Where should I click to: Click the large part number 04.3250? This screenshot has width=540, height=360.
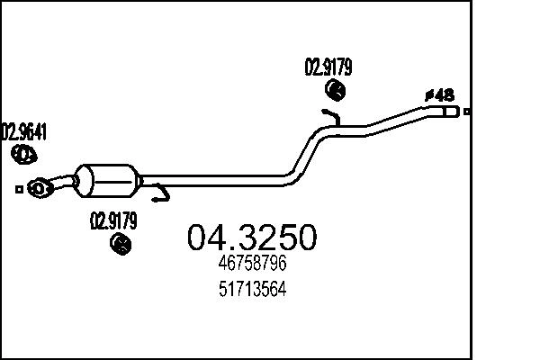tap(251, 238)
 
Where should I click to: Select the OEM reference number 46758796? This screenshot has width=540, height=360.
tap(252, 266)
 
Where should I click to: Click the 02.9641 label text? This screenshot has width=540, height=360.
tap(24, 133)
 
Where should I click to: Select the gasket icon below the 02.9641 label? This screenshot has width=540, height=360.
tap(24, 156)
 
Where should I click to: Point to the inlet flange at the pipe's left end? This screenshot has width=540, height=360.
tap(39, 188)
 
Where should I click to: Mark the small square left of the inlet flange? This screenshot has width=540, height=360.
tap(19, 189)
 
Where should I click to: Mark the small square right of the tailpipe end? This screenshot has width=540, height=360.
tap(467, 112)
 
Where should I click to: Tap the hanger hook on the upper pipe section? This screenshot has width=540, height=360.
tap(331, 115)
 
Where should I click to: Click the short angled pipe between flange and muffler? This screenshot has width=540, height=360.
tap(63, 183)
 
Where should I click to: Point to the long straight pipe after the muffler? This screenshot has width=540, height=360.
tap(216, 181)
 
